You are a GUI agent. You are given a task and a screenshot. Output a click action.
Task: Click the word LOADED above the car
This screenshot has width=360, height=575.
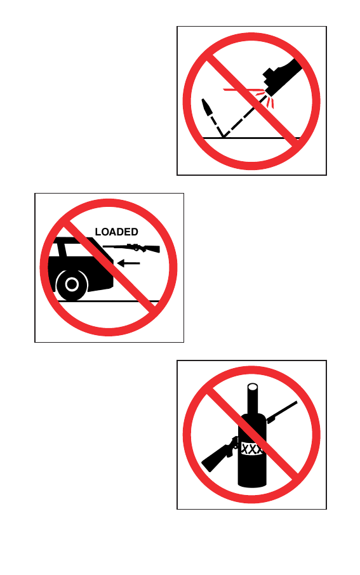pyautogui.click(x=116, y=232)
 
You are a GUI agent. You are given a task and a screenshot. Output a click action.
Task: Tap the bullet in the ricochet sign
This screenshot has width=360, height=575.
pyautogui.click(x=207, y=107)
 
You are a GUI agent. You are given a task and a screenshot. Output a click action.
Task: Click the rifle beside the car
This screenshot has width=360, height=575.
pyautogui.click(x=131, y=248)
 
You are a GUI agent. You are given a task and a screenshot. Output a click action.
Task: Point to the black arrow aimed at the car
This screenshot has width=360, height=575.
pyautogui.click(x=128, y=263)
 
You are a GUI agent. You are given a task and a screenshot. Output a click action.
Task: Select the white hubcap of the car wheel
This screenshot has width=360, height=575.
pyautogui.click(x=72, y=284)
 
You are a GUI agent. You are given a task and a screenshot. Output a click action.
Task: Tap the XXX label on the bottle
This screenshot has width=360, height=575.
pyautogui.click(x=251, y=449)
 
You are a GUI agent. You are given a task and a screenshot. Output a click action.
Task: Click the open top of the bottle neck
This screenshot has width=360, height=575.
pyautogui.click(x=253, y=387)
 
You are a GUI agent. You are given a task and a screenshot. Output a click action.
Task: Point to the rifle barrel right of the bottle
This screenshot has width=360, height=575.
pyautogui.click(x=282, y=412)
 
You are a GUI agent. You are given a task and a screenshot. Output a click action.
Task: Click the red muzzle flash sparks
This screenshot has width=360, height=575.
pyautogui.click(x=253, y=95)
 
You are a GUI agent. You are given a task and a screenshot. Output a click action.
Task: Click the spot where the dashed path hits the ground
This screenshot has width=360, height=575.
pyautogui.click(x=223, y=138)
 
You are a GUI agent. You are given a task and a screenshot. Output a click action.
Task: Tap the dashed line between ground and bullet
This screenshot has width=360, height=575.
pyautogui.click(x=217, y=126)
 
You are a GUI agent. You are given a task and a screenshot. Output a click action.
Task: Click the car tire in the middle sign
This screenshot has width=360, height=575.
pyautogui.click(x=72, y=284)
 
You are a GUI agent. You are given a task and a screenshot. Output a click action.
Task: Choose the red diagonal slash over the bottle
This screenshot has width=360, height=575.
pyautogui.click(x=253, y=435)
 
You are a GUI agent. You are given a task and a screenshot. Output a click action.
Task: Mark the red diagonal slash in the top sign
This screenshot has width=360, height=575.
pyautogui.click(x=253, y=101)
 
